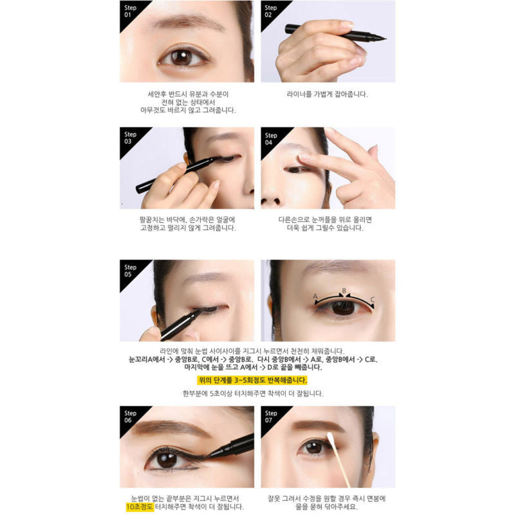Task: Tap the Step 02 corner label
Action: point(270,11)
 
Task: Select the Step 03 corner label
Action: point(130,138)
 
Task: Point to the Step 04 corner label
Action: point(270,139)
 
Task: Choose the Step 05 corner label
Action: point(130,270)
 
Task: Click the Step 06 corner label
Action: point(130,417)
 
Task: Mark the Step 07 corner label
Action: point(270,417)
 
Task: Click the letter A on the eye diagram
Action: point(315,296)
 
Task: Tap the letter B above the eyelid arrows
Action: point(344,291)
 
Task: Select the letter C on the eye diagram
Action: point(373,299)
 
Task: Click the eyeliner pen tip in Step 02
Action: point(384,39)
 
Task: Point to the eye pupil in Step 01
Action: point(182,57)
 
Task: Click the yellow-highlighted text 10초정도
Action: point(140,507)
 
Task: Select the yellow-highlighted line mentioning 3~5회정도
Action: point(252,380)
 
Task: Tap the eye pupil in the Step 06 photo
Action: point(167,459)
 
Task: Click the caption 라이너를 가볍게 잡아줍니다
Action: point(327,94)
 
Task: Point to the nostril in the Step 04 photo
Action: point(276,201)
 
